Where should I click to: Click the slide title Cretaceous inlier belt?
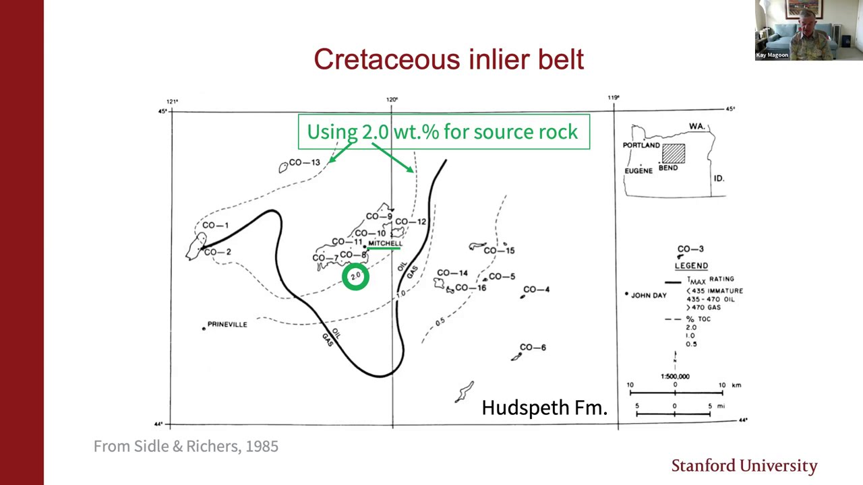click(448, 59)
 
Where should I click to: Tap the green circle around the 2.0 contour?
click(355, 277)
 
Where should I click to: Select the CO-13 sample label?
click(303, 162)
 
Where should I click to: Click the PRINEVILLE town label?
click(227, 325)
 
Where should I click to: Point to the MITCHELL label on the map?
click(385, 243)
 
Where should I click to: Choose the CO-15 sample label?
click(499, 251)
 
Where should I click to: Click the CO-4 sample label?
click(536, 290)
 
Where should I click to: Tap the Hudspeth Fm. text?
click(544, 408)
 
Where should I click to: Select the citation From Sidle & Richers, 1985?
click(185, 446)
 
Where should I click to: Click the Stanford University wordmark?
click(744, 465)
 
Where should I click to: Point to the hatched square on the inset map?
click(673, 154)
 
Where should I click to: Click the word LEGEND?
click(691, 266)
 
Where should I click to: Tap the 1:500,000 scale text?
click(675, 377)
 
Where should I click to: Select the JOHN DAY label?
click(649, 295)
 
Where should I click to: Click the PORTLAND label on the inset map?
click(641, 145)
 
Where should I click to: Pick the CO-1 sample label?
click(215, 226)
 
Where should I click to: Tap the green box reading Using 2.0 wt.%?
click(443, 131)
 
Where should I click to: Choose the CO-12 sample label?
click(411, 222)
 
